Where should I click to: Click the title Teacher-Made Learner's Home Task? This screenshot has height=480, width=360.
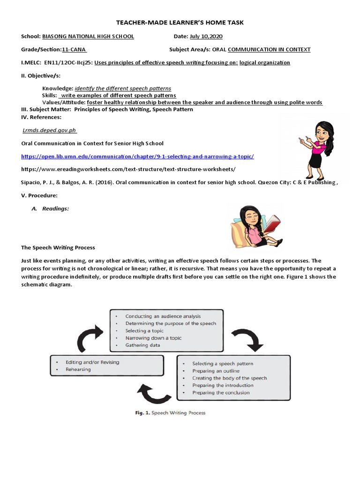click(180, 22)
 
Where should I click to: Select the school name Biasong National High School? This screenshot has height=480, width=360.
click(88, 37)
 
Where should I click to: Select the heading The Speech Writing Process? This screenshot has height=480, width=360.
click(58, 247)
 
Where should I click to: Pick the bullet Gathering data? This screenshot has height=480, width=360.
click(142, 345)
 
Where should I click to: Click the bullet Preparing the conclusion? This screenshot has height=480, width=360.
click(221, 393)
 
